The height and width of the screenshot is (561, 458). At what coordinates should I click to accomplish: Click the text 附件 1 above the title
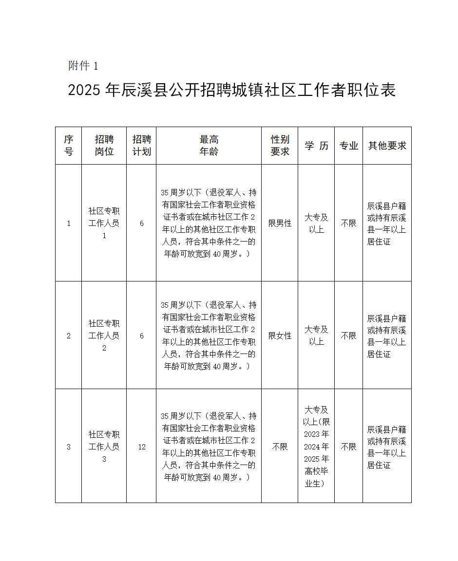point(83,66)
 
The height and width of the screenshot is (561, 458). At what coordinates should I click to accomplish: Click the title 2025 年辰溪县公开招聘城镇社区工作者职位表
point(232,90)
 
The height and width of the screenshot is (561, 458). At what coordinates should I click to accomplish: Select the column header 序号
point(68,146)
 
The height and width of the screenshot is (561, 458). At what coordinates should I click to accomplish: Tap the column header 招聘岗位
point(104,146)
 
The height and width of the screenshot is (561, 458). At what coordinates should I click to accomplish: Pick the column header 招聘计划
point(141,146)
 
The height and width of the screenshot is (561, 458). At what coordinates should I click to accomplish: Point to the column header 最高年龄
point(209,146)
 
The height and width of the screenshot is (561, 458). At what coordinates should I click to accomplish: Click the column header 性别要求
point(280,146)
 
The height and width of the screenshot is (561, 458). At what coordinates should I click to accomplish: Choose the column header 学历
point(316,146)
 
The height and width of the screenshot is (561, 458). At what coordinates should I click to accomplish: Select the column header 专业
point(348,146)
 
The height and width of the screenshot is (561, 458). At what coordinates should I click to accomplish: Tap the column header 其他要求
point(387,146)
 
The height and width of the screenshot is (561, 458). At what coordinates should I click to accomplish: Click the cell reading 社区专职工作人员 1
point(104,224)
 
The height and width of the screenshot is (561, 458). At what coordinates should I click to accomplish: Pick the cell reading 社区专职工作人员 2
point(104,336)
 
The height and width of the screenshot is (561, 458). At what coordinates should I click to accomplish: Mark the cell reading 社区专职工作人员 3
point(104,447)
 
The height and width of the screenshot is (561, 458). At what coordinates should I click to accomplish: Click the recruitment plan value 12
point(141,447)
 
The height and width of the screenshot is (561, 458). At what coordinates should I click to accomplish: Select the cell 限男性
point(280,224)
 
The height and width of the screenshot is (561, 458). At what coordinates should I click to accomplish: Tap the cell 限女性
point(280,336)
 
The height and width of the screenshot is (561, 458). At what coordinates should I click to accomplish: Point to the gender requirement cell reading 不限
point(280,447)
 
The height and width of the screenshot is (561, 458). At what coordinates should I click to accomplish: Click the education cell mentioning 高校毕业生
point(316,447)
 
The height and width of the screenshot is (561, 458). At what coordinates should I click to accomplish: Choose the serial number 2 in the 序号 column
point(68,336)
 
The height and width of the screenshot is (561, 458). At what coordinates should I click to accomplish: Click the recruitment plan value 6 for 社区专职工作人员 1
point(141,224)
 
